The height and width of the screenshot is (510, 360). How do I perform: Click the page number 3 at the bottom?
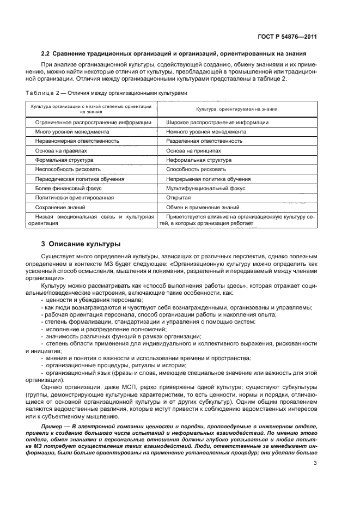point(315,464)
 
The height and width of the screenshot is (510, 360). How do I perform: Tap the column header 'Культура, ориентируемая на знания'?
point(237,109)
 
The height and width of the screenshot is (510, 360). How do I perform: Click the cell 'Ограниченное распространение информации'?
point(93,123)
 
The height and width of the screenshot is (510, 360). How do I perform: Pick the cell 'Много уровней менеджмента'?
point(72,132)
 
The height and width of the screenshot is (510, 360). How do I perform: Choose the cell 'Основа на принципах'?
point(193,150)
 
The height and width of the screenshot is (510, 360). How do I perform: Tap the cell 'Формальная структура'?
point(64,160)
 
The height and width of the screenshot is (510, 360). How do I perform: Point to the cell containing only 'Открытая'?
point(178,197)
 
